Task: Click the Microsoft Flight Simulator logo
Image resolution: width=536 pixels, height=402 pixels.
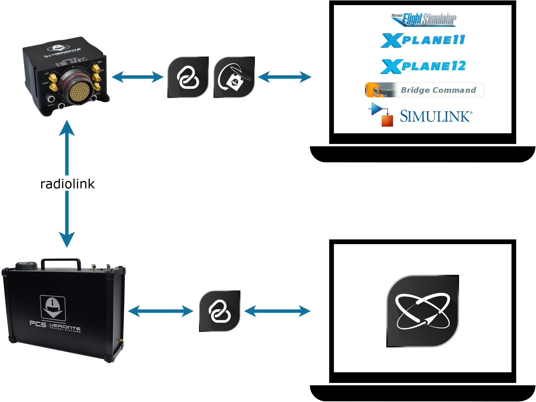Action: pyautogui.click(x=423, y=19)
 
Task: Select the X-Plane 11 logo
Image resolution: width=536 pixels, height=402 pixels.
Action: pyautogui.click(x=423, y=40)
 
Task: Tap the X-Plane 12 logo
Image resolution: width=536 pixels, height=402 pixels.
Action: pyautogui.click(x=423, y=66)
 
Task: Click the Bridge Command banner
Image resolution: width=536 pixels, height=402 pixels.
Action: pyautogui.click(x=424, y=90)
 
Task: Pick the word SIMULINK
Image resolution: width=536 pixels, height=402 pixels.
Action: pyautogui.click(x=436, y=116)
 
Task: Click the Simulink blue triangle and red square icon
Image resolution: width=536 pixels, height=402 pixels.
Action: pyautogui.click(x=381, y=114)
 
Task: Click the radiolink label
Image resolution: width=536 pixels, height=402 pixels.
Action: pyautogui.click(x=67, y=184)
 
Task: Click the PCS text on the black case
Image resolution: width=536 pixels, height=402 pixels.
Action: pyautogui.click(x=38, y=324)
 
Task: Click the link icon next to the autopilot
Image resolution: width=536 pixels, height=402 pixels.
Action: pyautogui.click(x=188, y=77)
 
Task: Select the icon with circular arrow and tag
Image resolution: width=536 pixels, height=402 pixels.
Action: pyautogui.click(x=234, y=77)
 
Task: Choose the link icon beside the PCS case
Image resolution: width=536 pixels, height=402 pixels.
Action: pyautogui.click(x=220, y=311)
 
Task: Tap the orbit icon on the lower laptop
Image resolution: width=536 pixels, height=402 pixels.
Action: pyautogui.click(x=423, y=311)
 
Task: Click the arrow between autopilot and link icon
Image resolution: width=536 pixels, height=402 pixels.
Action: pyautogui.click(x=138, y=77)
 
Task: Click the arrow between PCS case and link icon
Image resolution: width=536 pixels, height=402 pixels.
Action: pyautogui.click(x=161, y=311)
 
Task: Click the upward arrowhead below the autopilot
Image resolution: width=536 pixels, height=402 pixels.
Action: pyautogui.click(x=67, y=128)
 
